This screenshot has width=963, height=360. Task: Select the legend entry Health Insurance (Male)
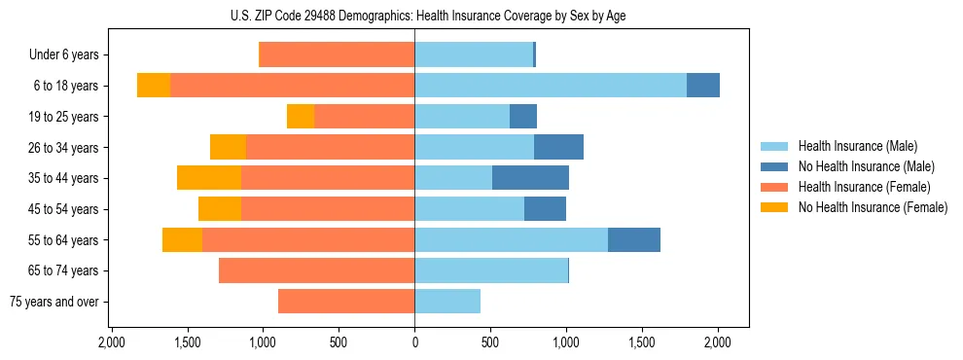857,146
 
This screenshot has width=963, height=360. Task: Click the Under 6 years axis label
63,55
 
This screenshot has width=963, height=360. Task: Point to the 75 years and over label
53,302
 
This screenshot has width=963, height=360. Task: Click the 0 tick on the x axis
414,342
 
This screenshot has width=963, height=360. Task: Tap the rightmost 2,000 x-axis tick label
718,342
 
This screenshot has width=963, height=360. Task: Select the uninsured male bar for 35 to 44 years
530,178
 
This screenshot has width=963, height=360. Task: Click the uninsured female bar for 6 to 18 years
154,86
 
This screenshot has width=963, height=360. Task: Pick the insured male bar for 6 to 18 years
551,86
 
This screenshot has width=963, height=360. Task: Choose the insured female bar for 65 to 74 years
316,270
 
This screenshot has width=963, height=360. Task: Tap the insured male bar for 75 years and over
447,302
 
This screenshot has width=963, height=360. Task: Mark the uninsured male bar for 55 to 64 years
634,239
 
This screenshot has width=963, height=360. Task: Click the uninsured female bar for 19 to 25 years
301,117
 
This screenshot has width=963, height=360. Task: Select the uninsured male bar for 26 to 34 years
558,147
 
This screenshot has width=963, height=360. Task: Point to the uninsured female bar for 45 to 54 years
220,209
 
